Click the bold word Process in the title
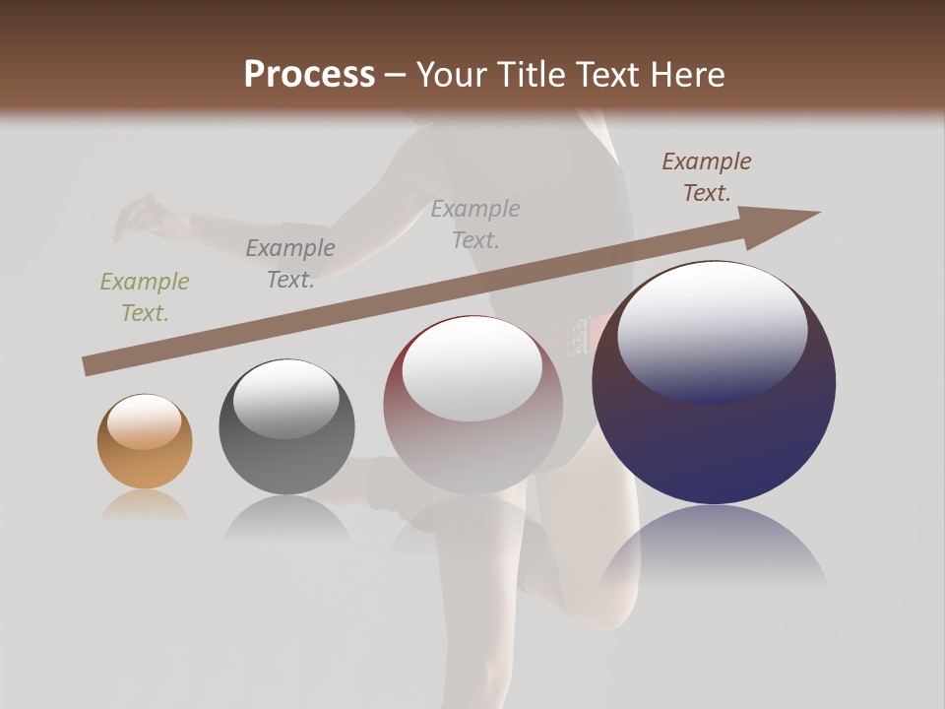pyautogui.click(x=309, y=75)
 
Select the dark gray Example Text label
pyautogui.click(x=290, y=264)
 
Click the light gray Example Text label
pyautogui.click(x=475, y=224)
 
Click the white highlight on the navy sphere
pyautogui.click(x=712, y=331)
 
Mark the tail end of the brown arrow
pyautogui.click(x=89, y=366)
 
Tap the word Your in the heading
pyautogui.click(x=451, y=75)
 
